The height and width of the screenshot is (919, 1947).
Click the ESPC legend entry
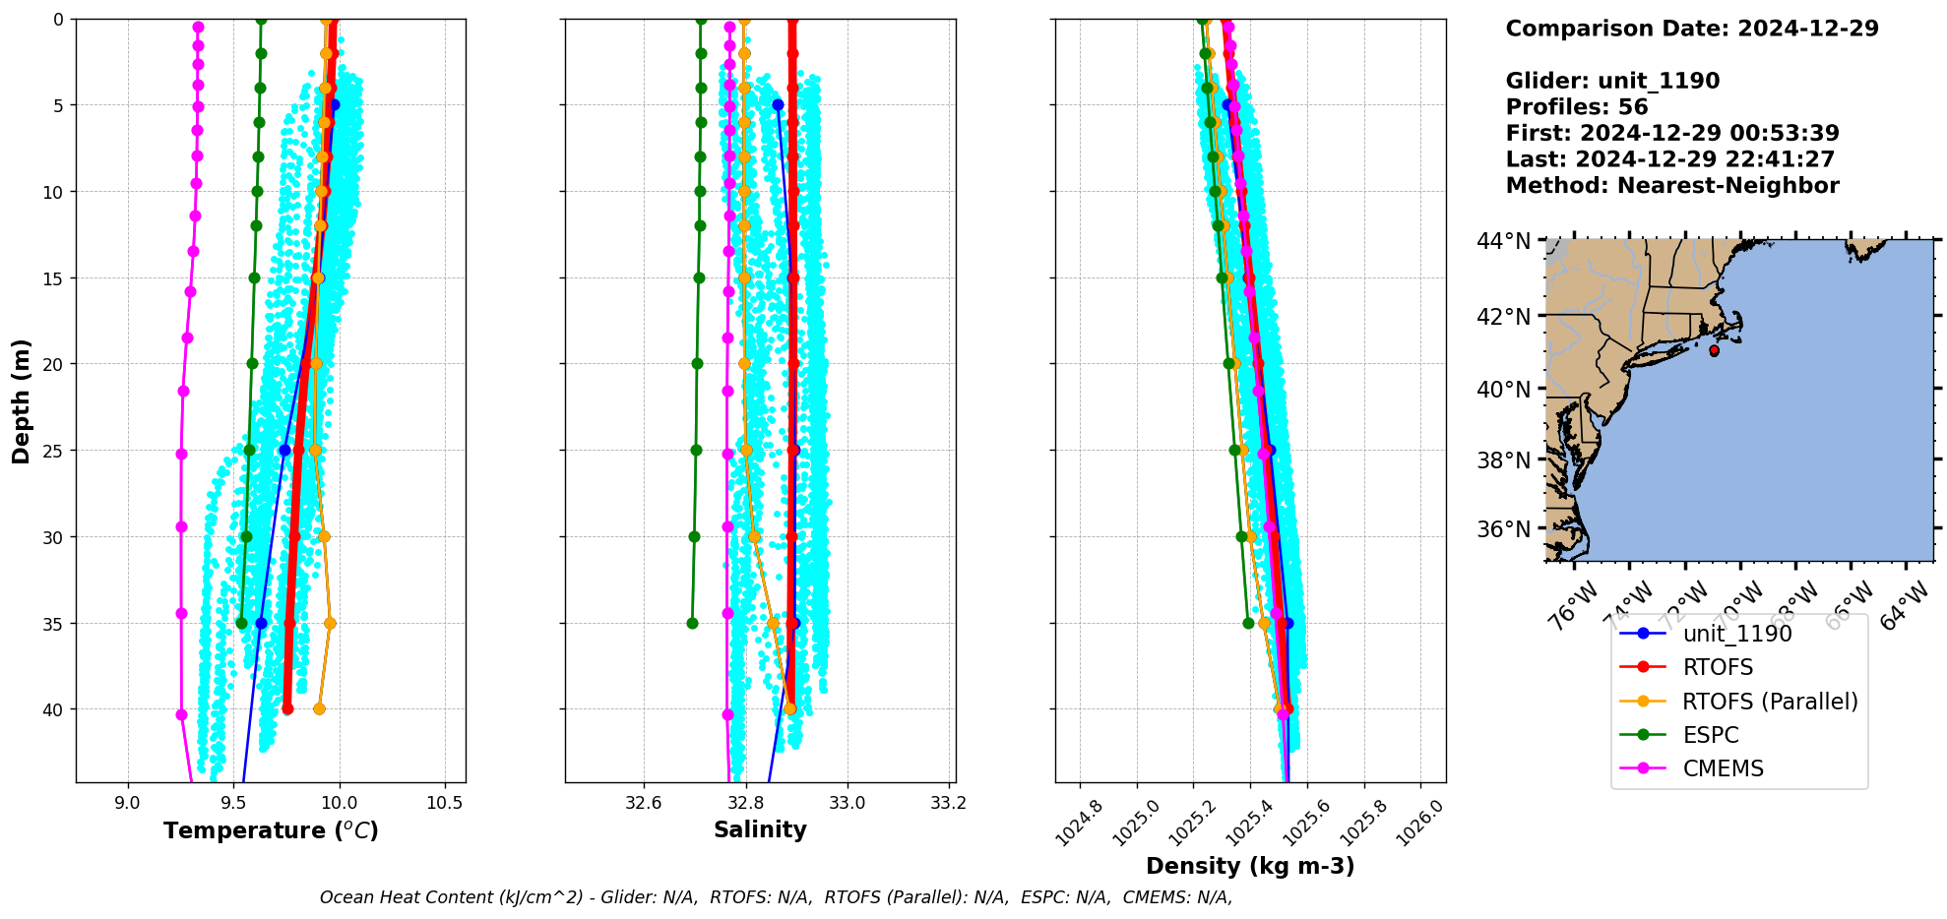click(1711, 735)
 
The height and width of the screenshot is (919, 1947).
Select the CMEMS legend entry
click(1723, 768)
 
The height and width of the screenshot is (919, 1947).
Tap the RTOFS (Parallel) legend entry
click(1770, 702)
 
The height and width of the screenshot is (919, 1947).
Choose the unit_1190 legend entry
click(1737, 634)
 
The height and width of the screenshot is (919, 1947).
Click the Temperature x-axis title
click(271, 830)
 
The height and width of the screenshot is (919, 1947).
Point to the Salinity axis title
click(760, 829)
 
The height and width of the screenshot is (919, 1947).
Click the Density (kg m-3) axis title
click(1250, 866)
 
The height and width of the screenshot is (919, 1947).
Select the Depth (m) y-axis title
click(22, 401)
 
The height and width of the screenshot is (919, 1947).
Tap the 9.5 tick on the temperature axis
click(233, 802)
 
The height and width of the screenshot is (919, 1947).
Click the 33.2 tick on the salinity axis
click(948, 802)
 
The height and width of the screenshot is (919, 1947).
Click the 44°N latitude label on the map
click(1503, 241)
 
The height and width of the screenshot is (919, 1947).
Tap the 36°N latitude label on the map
click(1503, 529)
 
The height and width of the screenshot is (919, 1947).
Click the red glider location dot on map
click(1714, 350)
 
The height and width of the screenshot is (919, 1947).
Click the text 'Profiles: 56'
click(1576, 107)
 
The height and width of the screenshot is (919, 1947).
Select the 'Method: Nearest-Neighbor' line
click(1671, 186)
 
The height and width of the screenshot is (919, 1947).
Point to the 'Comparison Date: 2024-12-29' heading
click(1691, 29)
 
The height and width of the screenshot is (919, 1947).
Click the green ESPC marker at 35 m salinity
click(692, 623)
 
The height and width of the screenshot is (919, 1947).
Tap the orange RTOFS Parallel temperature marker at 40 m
click(319, 708)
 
